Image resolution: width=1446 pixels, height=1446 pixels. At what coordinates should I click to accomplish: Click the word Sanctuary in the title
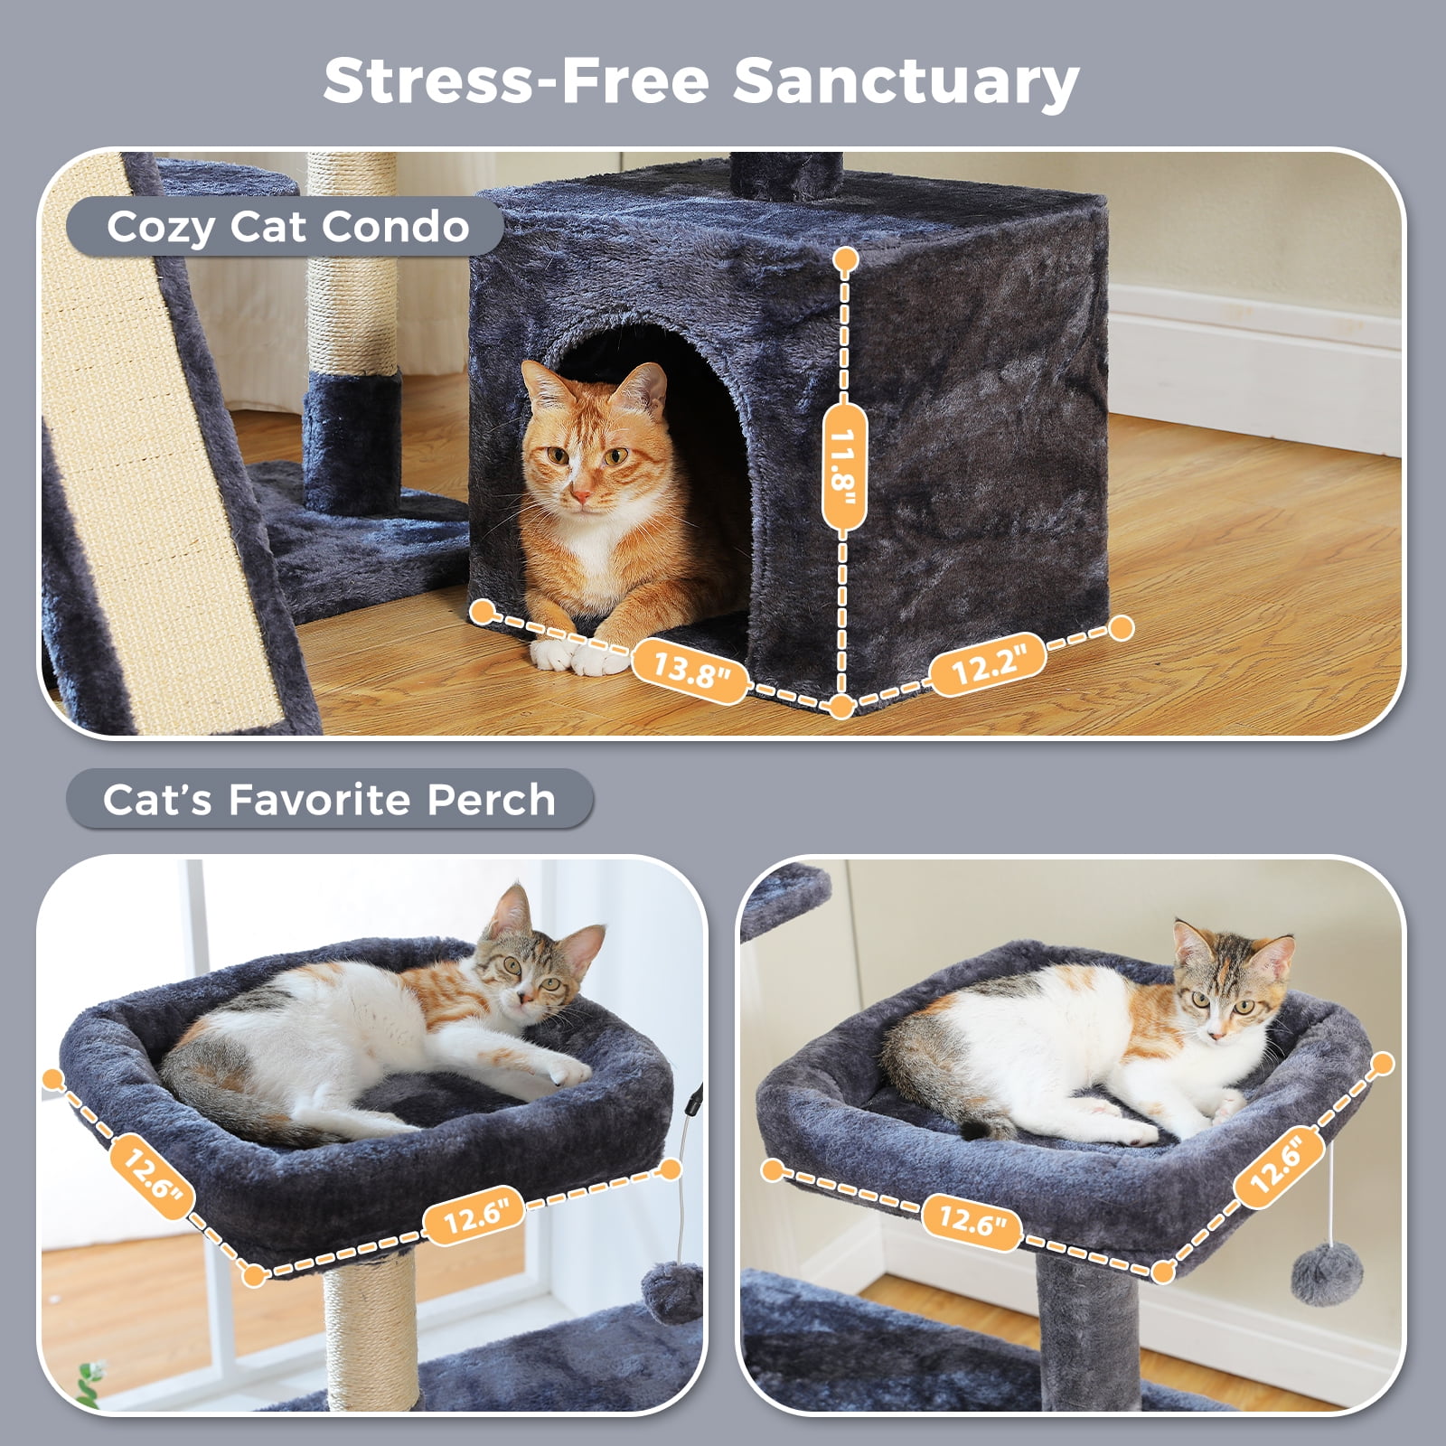pos(906,81)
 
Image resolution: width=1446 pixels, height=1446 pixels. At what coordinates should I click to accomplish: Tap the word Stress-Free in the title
pos(516,81)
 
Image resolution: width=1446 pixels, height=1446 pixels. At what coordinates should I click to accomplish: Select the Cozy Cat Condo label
pos(287,227)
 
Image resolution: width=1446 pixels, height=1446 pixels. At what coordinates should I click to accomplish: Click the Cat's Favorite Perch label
pos(329,800)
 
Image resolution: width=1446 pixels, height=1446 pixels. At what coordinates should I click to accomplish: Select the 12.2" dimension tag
pos(989,665)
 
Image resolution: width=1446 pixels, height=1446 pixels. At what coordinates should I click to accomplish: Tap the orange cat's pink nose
pos(581,496)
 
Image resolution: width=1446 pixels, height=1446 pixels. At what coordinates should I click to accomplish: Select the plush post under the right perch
pos(1089,1329)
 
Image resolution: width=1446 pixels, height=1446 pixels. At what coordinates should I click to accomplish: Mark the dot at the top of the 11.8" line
pos(845,261)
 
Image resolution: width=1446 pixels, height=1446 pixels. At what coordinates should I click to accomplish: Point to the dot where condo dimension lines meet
pos(841,707)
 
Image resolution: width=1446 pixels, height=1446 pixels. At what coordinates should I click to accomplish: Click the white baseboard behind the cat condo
pos(1256,361)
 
